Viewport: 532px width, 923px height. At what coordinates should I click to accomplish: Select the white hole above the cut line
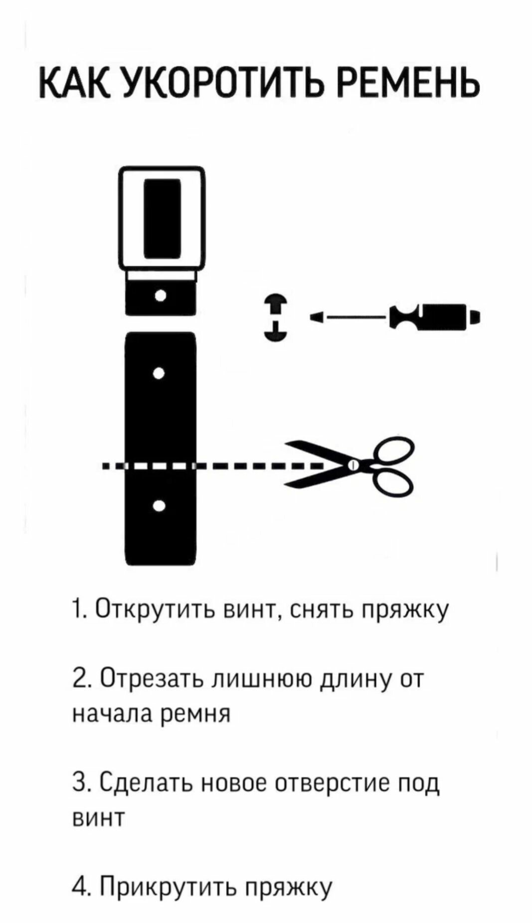159,373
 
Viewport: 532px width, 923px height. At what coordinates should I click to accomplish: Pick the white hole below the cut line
159,506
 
